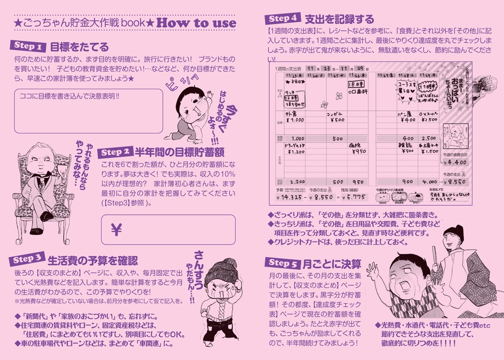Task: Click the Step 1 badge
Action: pyautogui.click(x=28, y=46)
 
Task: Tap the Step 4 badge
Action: pyautogui.click(x=282, y=19)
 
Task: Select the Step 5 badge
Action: pyautogui.click(x=282, y=263)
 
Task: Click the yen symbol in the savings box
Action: pyautogui.click(x=116, y=230)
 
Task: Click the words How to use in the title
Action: pyautogui.click(x=196, y=23)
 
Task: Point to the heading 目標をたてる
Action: pyautogui.click(x=80, y=47)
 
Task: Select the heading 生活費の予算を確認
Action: pyautogui.click(x=92, y=261)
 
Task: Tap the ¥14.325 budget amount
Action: pyautogui.click(x=291, y=198)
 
